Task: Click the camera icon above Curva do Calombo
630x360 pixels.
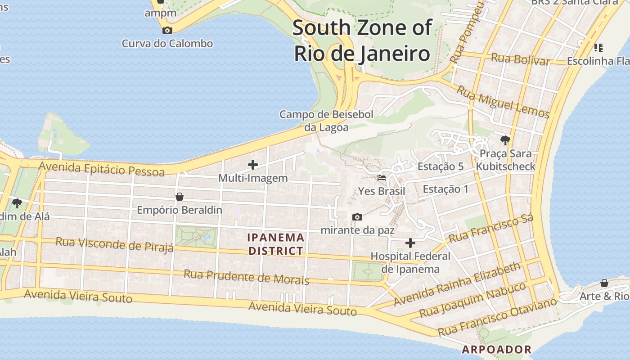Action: click(x=167, y=31)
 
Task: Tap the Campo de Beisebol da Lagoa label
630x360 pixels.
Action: click(x=326, y=121)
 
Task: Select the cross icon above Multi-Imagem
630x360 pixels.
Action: click(x=253, y=165)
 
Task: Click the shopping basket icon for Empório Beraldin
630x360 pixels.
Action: click(x=180, y=197)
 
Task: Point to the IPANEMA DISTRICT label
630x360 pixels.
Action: click(x=276, y=244)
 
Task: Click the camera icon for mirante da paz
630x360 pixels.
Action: click(x=357, y=217)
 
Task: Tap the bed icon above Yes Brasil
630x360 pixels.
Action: click(x=382, y=178)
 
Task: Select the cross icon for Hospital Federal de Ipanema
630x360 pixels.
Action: click(x=410, y=243)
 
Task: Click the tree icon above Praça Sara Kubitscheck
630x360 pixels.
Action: click(x=505, y=140)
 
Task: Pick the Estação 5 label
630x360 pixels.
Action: click(x=440, y=166)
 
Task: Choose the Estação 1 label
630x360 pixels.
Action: click(x=445, y=189)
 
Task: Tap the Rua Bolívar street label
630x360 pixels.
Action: click(x=521, y=59)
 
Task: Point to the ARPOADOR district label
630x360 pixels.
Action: click(x=497, y=349)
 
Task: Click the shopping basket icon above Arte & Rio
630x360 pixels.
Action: click(x=604, y=283)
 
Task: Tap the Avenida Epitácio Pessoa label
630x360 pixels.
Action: click(x=101, y=169)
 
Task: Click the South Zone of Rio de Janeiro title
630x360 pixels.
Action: click(x=362, y=40)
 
